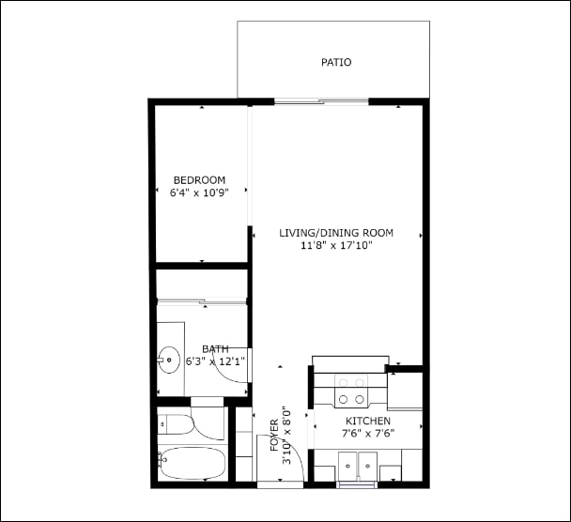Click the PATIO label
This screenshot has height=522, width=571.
click(335, 63)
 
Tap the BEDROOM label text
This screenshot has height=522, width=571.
click(199, 180)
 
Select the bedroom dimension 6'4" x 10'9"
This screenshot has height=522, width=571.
click(199, 193)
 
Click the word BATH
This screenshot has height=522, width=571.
click(215, 349)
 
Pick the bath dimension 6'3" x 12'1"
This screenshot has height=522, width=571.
click(215, 361)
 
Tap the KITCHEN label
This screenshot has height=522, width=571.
click(367, 421)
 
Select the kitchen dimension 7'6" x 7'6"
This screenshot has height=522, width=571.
click(367, 434)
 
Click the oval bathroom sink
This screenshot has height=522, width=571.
click(169, 360)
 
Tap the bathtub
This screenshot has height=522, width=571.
click(193, 463)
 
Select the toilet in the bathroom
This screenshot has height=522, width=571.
click(177, 424)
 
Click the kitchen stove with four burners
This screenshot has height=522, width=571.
click(350, 384)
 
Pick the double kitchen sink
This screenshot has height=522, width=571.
click(357, 465)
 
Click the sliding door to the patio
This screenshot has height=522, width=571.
click(321, 101)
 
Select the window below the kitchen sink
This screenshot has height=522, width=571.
click(357, 484)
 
